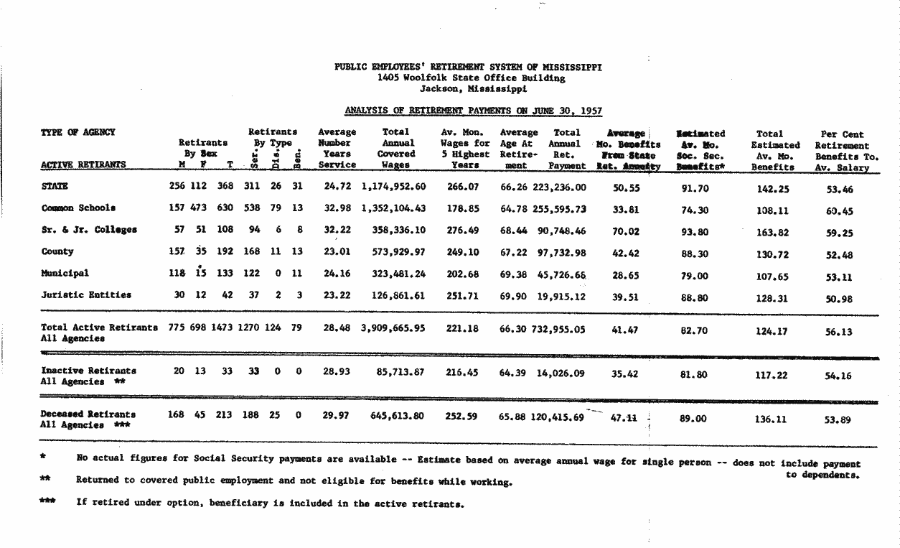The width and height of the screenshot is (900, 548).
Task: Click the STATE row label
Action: point(55,187)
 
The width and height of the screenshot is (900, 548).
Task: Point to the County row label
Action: point(57,252)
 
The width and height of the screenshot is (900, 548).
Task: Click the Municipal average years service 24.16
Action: point(336,274)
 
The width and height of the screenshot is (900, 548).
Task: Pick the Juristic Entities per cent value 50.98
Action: point(838,299)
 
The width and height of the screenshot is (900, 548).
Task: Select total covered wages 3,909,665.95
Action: point(394,328)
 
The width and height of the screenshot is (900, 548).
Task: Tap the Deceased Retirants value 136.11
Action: point(772,419)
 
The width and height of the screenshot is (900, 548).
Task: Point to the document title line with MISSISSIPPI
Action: point(468,68)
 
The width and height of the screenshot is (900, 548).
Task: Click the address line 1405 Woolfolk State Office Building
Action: point(471,78)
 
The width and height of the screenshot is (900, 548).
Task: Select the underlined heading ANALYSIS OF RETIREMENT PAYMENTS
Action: point(473,111)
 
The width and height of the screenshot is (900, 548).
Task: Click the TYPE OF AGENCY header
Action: point(78,132)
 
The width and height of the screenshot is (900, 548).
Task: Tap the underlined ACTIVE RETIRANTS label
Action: point(83,164)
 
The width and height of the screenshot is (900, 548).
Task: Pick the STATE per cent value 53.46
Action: point(838,190)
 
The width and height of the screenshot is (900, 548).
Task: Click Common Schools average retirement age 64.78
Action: point(515,208)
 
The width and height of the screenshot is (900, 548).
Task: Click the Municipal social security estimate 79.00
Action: point(694,276)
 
